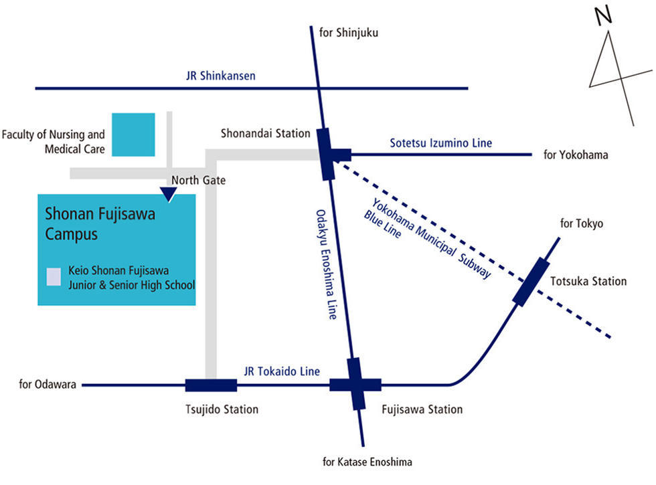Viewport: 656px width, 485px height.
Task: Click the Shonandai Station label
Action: [x=266, y=134]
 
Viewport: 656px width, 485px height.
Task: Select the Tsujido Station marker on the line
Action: [x=211, y=385]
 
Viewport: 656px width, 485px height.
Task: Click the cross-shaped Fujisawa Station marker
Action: [x=355, y=385]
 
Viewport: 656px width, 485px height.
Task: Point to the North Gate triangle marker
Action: [x=169, y=194]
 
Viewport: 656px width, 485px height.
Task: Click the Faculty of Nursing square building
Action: [x=133, y=134]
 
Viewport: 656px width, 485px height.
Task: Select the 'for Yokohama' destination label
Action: [x=575, y=155]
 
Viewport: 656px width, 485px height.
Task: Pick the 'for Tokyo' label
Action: [x=581, y=223]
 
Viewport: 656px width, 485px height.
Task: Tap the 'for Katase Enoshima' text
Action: [x=367, y=462]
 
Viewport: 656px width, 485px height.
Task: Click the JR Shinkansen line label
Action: [x=221, y=76]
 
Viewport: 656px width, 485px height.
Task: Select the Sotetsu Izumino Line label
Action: [x=440, y=142]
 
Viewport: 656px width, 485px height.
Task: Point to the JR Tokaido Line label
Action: [x=282, y=371]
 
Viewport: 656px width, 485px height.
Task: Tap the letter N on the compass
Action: [x=605, y=16]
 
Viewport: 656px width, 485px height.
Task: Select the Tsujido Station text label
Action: [x=222, y=409]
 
